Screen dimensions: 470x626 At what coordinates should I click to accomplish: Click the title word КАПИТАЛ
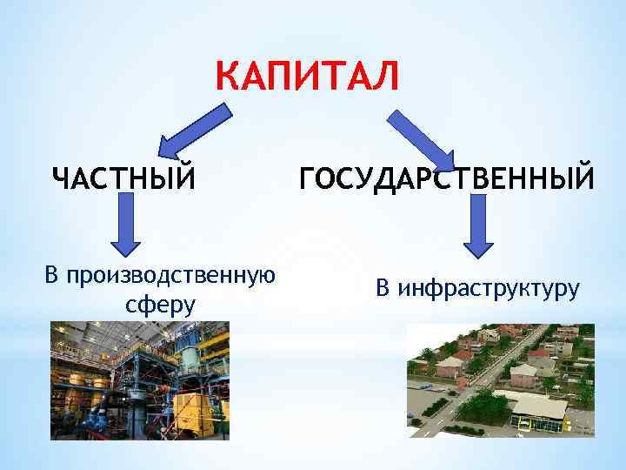pyautogui.click(x=309, y=76)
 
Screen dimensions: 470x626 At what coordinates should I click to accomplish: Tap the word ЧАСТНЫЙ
pyautogui.click(x=122, y=178)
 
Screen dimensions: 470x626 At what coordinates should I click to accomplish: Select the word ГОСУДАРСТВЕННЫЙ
pyautogui.click(x=447, y=178)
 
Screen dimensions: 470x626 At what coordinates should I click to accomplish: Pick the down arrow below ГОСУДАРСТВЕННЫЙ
pyautogui.click(x=476, y=225)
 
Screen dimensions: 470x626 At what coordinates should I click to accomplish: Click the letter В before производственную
pyautogui.click(x=52, y=276)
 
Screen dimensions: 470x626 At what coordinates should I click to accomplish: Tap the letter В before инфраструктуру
pyautogui.click(x=383, y=287)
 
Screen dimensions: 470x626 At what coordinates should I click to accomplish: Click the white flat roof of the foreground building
pyautogui.click(x=539, y=405)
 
